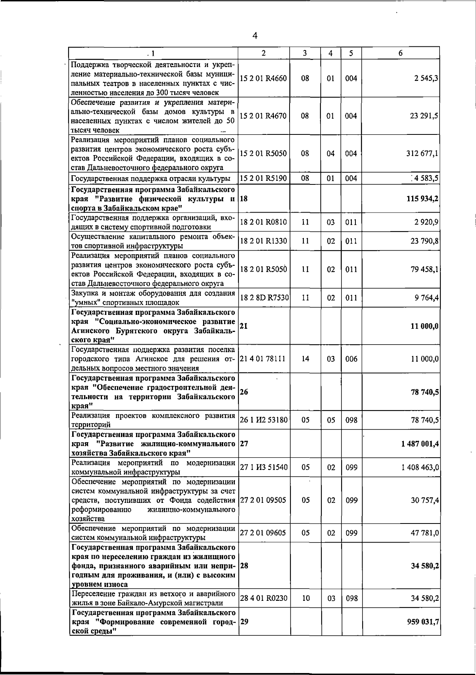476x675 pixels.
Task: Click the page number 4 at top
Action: coord(255,36)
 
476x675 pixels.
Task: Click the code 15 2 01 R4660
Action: coord(263,79)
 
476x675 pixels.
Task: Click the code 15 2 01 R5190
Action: coord(263,178)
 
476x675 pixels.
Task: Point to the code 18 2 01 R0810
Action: coord(263,222)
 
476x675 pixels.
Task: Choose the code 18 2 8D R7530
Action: coord(264,298)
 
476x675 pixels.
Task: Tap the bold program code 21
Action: coord(244,326)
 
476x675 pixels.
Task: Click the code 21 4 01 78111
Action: coord(262,359)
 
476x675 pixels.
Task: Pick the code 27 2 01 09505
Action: coord(263,500)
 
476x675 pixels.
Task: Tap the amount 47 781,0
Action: coord(424,533)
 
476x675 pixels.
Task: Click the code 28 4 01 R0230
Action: coord(263,598)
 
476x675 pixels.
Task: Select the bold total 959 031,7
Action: coord(423,622)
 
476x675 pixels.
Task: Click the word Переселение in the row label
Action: coord(91,594)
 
